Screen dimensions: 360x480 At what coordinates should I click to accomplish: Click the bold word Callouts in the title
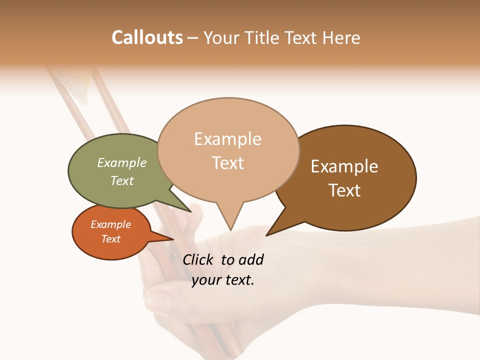[x=147, y=37]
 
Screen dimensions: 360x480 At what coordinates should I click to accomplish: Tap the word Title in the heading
[x=262, y=37]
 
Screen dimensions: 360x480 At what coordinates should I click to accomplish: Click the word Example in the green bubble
[x=122, y=163]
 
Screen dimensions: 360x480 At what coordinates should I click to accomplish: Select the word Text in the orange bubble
[x=111, y=239]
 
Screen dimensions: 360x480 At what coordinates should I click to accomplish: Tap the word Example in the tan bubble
[x=227, y=139]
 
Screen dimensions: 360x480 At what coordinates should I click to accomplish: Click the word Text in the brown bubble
[x=344, y=190]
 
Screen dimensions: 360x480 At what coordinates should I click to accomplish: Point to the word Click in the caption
[x=198, y=259]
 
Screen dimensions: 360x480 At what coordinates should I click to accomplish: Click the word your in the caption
[x=206, y=280]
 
